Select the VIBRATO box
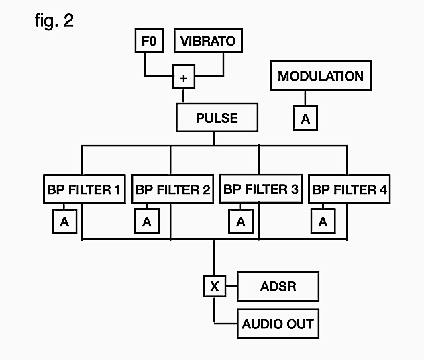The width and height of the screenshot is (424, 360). (207, 41)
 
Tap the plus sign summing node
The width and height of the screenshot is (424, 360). (183, 77)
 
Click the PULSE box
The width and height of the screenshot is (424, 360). (216, 118)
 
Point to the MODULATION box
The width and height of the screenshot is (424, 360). (320, 76)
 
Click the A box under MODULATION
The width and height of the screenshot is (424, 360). (305, 119)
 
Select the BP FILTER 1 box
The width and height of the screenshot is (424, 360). (84, 189)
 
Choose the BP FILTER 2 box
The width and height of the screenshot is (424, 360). (172, 189)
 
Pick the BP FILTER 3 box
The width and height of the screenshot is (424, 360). (260, 189)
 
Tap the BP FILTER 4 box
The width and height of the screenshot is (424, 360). (348, 189)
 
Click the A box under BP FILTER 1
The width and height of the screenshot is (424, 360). (64, 222)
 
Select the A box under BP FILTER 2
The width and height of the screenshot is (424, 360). (146, 222)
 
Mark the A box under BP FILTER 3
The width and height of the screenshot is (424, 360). (239, 222)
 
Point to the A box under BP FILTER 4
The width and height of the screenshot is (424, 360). (323, 222)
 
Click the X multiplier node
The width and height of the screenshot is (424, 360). (215, 287)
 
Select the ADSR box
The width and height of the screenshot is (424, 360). (278, 287)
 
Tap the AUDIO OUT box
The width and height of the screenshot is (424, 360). (278, 324)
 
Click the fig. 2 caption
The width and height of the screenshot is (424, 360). (54, 20)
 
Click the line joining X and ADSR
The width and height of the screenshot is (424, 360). (231, 287)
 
